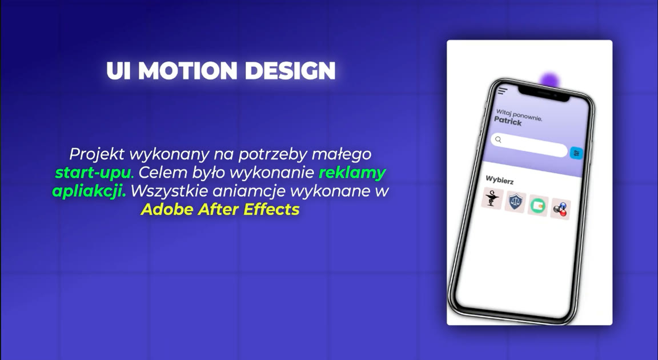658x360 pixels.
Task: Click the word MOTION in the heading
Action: pos(191,70)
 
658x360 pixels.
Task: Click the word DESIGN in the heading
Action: pos(290,70)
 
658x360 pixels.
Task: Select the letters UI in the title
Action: pos(119,70)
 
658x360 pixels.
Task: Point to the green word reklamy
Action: pos(352,173)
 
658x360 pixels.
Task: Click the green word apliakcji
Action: pos(89,191)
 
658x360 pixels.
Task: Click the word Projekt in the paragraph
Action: pos(97,154)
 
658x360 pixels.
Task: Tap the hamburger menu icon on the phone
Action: pos(502,91)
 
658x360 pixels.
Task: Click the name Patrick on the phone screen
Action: pos(508,121)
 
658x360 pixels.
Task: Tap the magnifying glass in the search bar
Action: pos(498,140)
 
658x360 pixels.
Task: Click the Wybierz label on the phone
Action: pos(499,181)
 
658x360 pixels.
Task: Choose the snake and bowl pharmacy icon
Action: pos(492,198)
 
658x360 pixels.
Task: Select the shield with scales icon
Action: pos(515,202)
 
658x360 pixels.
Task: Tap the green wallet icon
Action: pos(538,205)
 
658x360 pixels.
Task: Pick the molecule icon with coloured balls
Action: pos(561,209)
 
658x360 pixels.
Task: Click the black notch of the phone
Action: pos(544,94)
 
